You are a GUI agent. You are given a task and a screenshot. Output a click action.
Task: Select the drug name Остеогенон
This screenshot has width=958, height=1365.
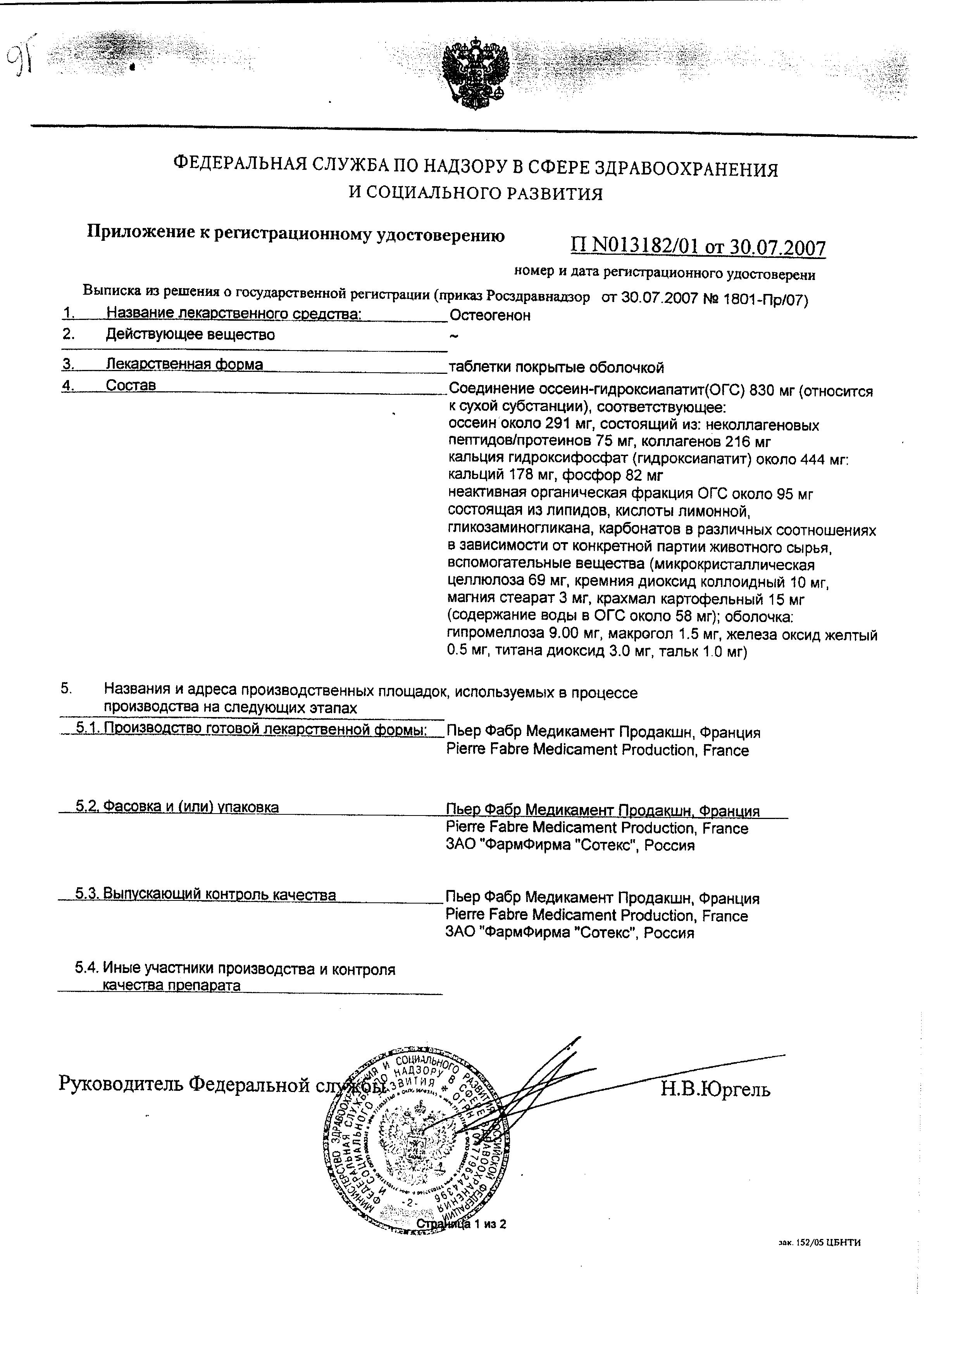coord(490,316)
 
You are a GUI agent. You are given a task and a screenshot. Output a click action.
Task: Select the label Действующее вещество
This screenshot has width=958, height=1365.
coord(190,335)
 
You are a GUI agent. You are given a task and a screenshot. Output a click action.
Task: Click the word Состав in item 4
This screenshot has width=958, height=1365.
coord(131,385)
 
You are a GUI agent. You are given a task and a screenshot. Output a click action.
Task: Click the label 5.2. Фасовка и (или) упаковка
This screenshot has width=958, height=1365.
coord(177,807)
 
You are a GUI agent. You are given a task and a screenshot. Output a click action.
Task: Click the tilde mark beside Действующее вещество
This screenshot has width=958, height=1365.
coord(454,337)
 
